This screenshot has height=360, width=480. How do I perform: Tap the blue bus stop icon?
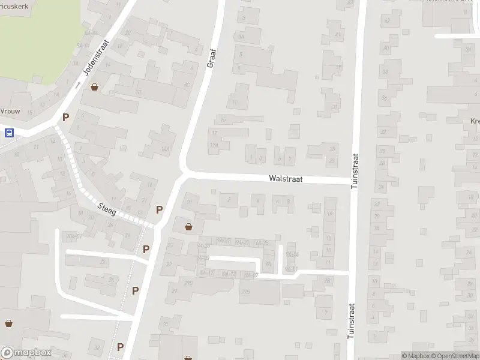coord(9,133)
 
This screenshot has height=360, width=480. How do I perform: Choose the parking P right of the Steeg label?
coord(159,209)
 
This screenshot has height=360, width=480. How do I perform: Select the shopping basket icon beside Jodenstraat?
coord(94,87)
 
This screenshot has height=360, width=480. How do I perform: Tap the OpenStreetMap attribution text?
coord(455,356)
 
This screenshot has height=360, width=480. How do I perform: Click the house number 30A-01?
coord(74,236)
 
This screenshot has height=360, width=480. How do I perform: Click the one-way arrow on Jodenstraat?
coord(78,84)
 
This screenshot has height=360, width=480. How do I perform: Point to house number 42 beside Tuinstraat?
coord(387,20)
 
